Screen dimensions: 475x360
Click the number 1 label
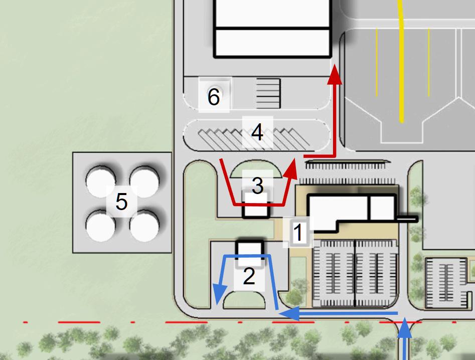tap(298, 233)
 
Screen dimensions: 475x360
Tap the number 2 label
tap(249, 276)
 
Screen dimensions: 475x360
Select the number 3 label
tap(257, 186)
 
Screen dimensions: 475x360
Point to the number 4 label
tap(257, 133)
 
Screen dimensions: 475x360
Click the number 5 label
tap(121, 202)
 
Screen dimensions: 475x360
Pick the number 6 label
tap(214, 97)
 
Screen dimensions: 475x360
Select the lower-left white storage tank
tap(100, 226)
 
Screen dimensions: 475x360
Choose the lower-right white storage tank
tap(144, 226)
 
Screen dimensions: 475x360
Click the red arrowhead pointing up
tap(335, 75)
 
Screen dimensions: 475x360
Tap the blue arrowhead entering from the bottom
tap(405, 330)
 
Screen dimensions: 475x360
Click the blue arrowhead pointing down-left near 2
tap(218, 293)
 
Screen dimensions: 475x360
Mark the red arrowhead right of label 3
tap(290, 168)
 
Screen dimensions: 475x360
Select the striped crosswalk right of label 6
tap(268, 93)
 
